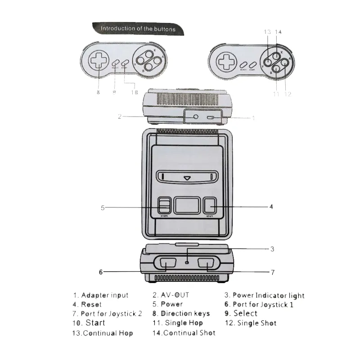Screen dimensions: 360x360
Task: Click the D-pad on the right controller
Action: (x=225, y=62)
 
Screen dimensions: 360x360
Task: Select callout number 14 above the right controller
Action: (x=279, y=32)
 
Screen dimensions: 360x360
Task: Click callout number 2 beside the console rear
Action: (x=120, y=117)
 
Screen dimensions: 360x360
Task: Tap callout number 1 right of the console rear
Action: (x=253, y=118)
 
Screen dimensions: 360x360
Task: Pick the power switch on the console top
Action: (x=164, y=206)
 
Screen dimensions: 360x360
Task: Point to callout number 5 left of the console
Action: (x=103, y=207)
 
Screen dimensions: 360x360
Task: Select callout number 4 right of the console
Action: (x=271, y=207)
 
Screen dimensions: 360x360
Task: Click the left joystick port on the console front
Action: (x=166, y=265)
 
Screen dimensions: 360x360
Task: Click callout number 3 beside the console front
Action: (x=272, y=248)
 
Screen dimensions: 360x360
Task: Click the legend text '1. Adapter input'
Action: (x=101, y=295)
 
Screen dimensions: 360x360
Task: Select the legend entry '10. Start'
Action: (x=89, y=323)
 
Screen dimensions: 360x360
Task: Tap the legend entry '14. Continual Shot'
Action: (x=184, y=333)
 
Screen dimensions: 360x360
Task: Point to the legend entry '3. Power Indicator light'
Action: (x=265, y=296)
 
